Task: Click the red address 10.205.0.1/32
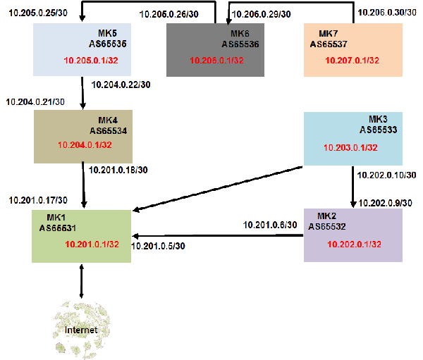pos(91,61)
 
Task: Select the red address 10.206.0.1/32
pos(216,61)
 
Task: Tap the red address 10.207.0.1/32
pos(352,61)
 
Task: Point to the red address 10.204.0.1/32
pos(85,145)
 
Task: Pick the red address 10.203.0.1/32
pos(350,148)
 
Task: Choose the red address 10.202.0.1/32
pos(355,244)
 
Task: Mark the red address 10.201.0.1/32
pos(92,244)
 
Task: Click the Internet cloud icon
pos(82,328)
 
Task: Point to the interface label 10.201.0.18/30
pos(118,169)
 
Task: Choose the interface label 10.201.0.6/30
pos(270,225)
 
